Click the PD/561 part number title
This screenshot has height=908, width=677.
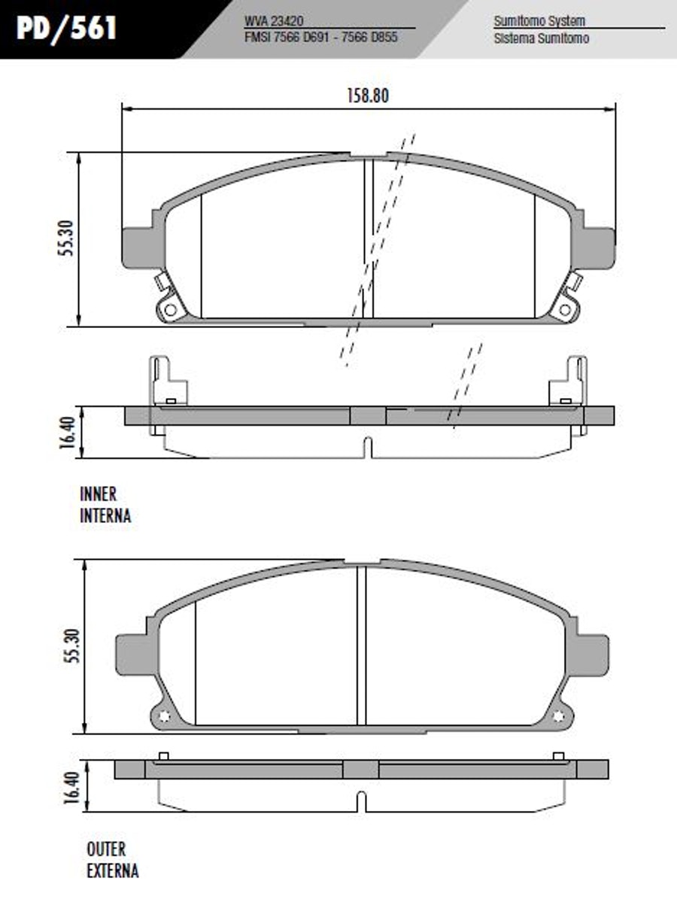67,28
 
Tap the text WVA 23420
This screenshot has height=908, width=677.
275,21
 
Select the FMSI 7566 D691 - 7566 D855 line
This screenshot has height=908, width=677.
321,38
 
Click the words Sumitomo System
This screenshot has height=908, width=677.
539,21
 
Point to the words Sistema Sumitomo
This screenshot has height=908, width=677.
542,38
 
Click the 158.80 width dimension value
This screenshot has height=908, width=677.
368,96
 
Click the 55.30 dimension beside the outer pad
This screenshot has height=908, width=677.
74,646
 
